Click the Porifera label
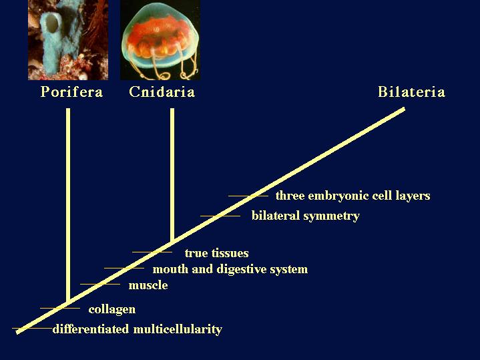[71, 92]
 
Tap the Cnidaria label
[162, 92]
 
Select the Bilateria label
[411, 92]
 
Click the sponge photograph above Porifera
[68, 40]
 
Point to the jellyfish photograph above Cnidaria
[160, 40]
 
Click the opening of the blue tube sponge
[52, 23]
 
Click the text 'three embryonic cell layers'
[353, 196]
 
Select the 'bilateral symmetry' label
[306, 216]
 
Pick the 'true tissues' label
[217, 253]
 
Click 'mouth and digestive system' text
[230, 269]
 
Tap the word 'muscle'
[148, 285]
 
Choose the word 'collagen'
[112, 309]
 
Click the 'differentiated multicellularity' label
[138, 329]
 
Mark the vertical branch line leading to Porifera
[68, 204]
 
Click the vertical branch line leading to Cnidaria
[172, 174]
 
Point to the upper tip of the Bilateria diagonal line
[404, 109]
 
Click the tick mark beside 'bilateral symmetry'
[220, 216]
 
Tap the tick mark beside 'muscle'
[100, 284]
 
